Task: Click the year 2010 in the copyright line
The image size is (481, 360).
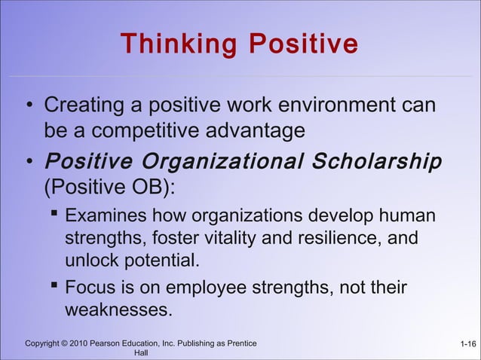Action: (78, 344)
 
